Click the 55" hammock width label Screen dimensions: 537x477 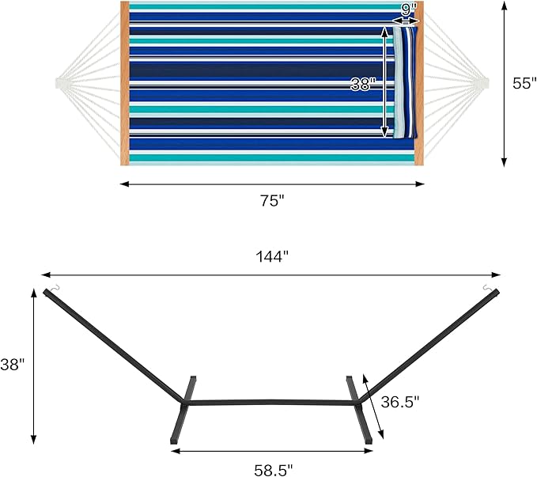(x=524, y=83)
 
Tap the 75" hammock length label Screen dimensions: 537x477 (x=272, y=201)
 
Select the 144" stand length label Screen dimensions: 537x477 (x=272, y=256)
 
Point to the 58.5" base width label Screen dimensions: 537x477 (x=274, y=470)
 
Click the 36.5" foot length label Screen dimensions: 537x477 (x=400, y=402)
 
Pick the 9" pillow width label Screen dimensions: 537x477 (x=407, y=9)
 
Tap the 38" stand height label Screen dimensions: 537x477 (x=13, y=365)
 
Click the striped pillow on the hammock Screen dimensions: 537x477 (x=405, y=82)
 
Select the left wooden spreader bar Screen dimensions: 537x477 (x=125, y=83)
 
